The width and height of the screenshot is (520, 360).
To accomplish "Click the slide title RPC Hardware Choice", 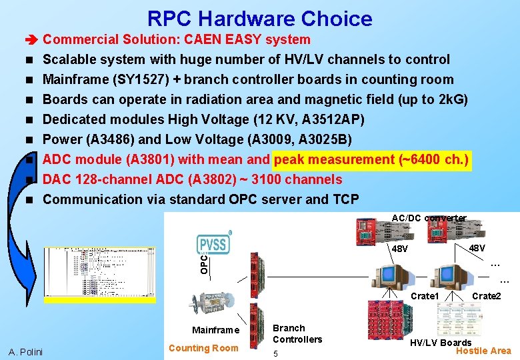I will [259, 18].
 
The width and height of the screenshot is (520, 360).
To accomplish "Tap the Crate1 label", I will [425, 296].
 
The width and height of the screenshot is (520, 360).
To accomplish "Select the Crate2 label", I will [486, 296].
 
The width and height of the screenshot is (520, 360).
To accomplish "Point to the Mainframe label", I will [215, 330].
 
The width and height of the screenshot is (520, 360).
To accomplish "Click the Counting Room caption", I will [203, 347].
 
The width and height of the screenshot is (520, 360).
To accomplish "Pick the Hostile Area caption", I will [483, 351].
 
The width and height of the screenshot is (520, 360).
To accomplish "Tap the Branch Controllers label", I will [297, 333].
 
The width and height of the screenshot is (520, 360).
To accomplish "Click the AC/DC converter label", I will [429, 218].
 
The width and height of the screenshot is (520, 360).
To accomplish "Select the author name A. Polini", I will [25, 351].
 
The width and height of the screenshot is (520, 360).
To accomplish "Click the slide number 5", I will [276, 353].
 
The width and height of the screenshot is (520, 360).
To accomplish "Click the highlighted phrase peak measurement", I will [334, 159].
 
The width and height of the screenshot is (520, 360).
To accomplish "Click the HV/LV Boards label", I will [440, 343].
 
